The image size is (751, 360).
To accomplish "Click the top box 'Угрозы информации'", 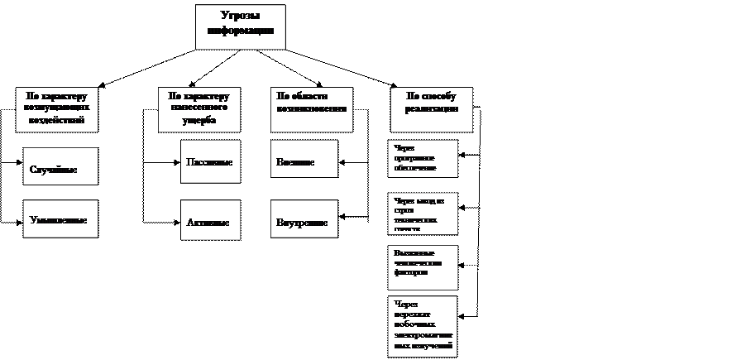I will click(x=240, y=27).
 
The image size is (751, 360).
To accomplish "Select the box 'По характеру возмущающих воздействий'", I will click(x=56, y=108).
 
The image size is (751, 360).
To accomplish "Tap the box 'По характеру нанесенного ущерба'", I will click(x=199, y=108).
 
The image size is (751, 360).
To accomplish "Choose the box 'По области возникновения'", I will click(x=311, y=108).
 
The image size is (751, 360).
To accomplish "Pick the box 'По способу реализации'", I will click(x=431, y=108).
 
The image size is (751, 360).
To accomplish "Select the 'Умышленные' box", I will click(x=60, y=220).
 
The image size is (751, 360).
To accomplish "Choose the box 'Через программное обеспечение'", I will click(x=423, y=159).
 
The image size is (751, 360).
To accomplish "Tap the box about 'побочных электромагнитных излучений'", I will click(x=423, y=326).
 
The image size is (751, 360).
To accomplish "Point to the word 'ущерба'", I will click(x=199, y=120).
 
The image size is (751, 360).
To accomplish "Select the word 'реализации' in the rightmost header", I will click(x=431, y=108).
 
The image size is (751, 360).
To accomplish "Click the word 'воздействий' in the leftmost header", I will click(x=56, y=119).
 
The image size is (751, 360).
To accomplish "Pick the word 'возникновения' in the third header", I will click(x=311, y=108).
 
